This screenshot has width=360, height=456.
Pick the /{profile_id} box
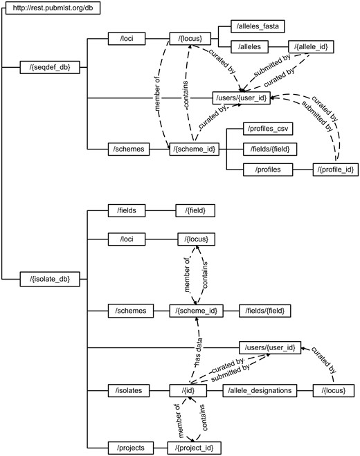pyautogui.click(x=336, y=168)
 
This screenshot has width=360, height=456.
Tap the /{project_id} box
pyautogui.click(x=195, y=448)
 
